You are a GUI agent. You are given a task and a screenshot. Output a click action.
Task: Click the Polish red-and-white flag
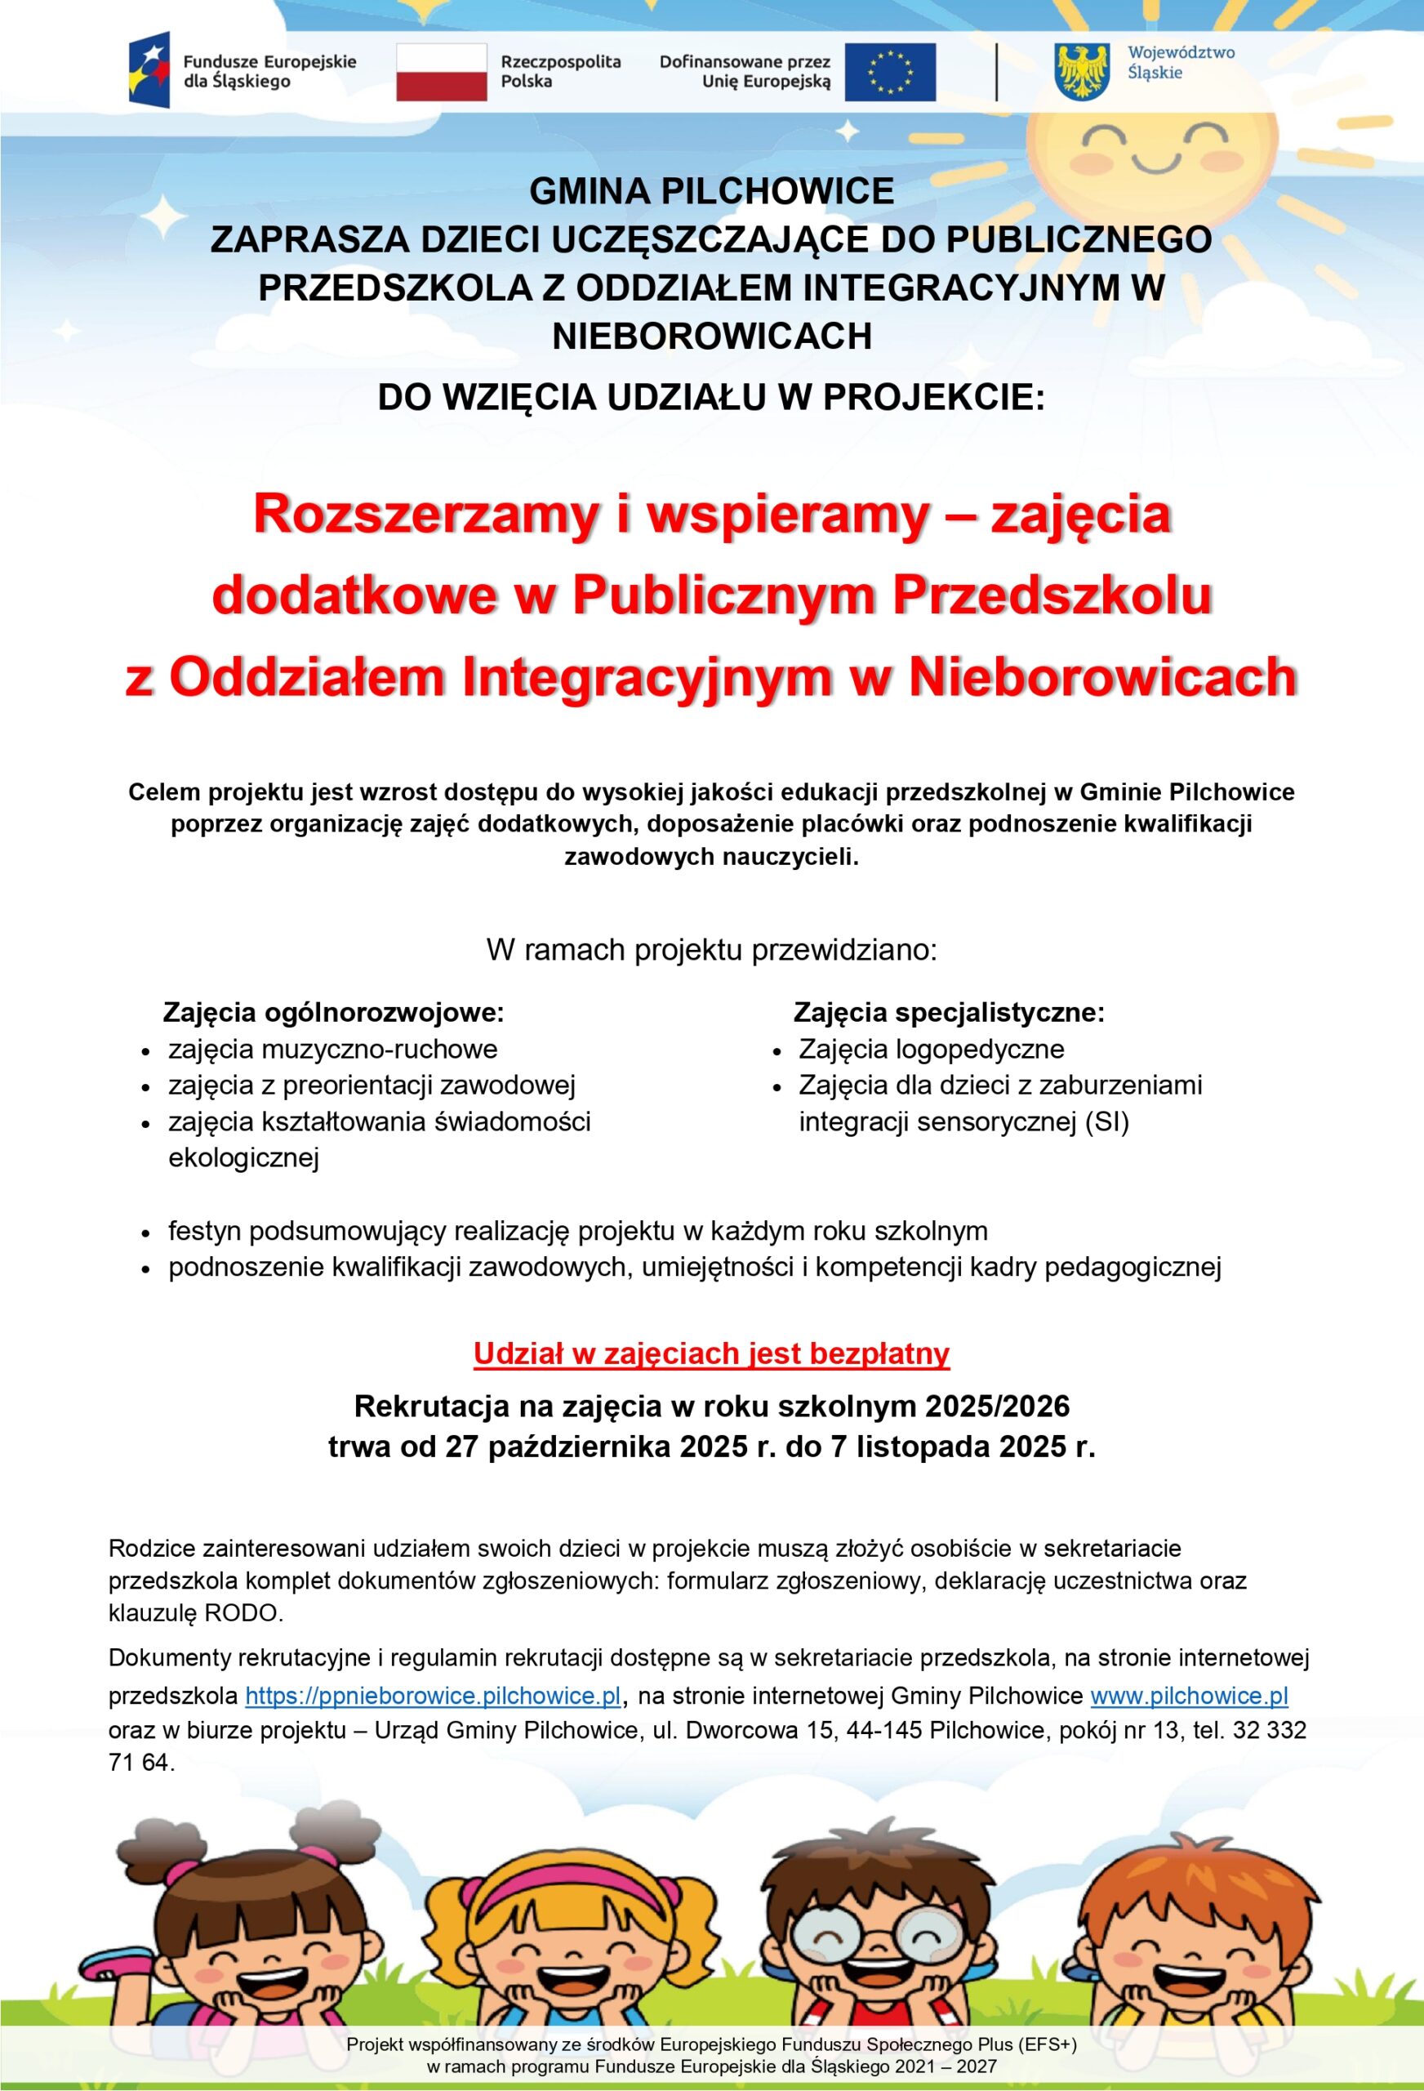point(441,72)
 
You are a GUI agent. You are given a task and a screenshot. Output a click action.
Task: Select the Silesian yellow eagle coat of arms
point(1082,72)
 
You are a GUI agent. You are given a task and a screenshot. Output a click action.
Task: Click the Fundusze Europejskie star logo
point(149,69)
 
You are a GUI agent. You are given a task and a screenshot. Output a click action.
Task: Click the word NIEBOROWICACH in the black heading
point(711,336)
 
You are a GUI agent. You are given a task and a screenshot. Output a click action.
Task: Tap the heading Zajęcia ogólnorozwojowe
point(333,1013)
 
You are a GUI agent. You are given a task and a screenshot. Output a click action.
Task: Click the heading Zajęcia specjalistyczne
point(948,1013)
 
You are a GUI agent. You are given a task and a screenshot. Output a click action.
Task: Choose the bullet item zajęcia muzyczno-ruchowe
point(333,1049)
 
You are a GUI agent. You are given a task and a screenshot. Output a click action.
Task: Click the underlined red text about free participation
point(711,1354)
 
